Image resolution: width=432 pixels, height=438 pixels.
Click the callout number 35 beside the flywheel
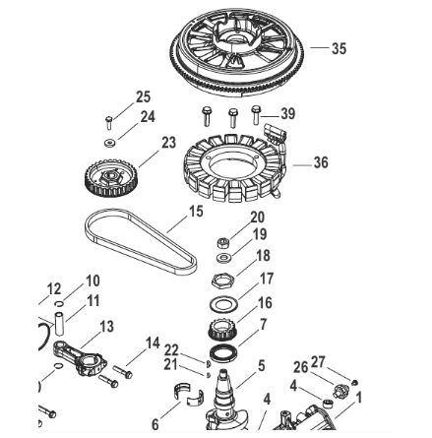point(339,48)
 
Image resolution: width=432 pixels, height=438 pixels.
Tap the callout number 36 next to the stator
point(321,162)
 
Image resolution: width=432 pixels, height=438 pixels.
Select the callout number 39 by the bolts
point(288,114)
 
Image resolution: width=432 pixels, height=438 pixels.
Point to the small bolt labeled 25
point(109,122)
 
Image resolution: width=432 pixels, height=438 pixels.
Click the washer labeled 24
point(109,143)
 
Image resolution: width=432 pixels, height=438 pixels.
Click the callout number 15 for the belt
point(196,212)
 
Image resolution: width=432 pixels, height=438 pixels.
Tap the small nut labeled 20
point(223,243)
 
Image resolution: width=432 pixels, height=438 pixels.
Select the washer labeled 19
point(223,257)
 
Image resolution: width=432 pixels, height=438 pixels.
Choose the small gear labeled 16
point(221,329)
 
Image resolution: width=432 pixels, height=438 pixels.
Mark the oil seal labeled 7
point(222,352)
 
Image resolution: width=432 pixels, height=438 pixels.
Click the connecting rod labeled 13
point(80,359)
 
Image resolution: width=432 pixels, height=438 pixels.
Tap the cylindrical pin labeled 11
point(59,324)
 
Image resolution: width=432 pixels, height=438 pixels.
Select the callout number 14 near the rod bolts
point(153,344)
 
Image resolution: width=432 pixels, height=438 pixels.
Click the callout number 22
point(171,350)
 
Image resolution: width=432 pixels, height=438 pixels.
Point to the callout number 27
point(318,362)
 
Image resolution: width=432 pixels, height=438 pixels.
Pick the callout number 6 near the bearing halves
point(155,424)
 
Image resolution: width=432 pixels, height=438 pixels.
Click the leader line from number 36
point(302,165)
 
